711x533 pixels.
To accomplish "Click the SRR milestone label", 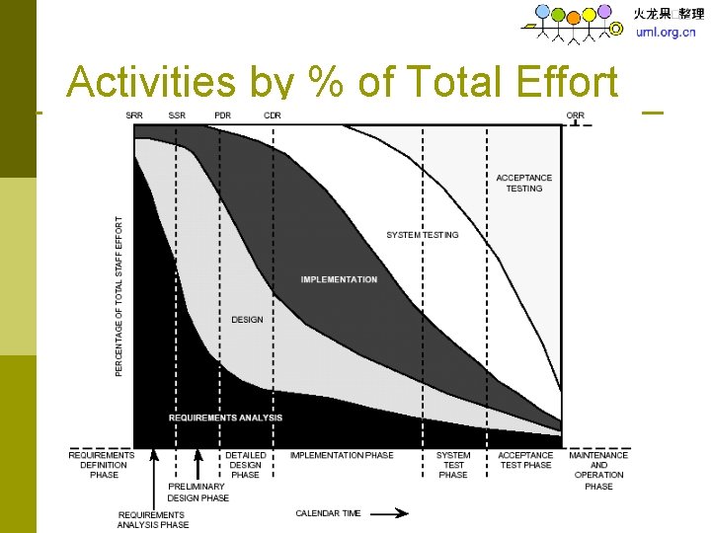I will point(133,115).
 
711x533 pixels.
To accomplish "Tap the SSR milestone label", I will point(177,115).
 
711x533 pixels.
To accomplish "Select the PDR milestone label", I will point(222,115).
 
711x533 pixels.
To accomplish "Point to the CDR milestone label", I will point(272,115).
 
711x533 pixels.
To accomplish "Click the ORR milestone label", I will point(576,115).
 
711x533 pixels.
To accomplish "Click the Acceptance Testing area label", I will point(523,183).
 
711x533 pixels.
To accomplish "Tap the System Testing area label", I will point(422,235).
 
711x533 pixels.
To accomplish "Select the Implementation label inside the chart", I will point(339,279).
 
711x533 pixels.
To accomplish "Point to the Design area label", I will point(247,320).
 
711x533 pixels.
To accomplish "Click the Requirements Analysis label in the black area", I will point(225,418).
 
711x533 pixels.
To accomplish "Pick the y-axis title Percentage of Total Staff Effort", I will point(120,296).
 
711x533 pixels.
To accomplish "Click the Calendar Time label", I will point(328,513).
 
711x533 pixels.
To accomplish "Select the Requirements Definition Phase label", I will point(103,465).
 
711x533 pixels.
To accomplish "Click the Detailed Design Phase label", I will point(245,465).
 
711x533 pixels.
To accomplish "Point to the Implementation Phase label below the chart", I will point(342,455).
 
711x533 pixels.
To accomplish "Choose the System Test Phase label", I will point(453,465).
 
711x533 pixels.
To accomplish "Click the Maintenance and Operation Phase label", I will point(598,470).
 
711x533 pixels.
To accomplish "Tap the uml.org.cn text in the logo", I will point(666,32).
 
